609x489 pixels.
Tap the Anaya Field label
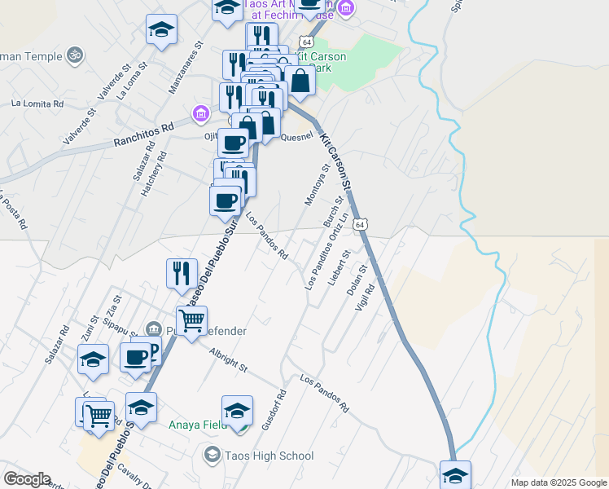point(198,425)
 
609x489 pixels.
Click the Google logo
point(27,479)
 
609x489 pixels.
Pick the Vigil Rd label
point(363,297)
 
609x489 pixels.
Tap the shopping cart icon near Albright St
point(192,322)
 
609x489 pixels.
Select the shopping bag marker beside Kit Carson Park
point(300,81)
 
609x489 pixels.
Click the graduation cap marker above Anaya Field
point(237,410)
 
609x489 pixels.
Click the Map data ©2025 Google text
point(558,482)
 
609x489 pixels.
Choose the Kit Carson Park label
point(322,62)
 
